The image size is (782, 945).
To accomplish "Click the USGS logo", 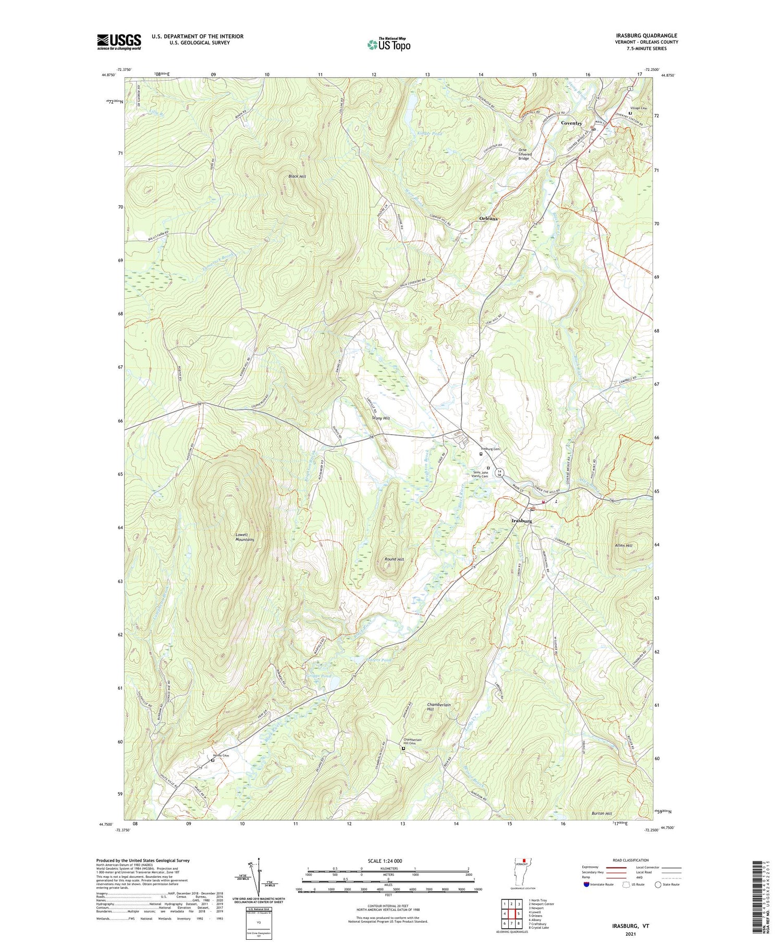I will click(119, 42).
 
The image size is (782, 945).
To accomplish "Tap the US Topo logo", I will click(388, 44).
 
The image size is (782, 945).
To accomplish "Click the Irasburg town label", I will click(521, 521).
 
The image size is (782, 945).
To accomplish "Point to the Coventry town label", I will click(571, 124).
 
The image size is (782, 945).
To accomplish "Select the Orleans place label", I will click(488, 218).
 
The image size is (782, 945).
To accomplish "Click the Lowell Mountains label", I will click(244, 537).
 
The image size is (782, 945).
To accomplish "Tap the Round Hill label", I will click(394, 559).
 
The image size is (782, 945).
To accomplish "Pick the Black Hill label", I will click(297, 177).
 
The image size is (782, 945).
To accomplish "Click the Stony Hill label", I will click(381, 418).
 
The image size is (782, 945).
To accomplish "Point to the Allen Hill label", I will click(624, 545).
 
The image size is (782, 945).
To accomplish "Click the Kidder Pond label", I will click(430, 134).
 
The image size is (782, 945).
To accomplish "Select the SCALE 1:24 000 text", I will click(388, 861).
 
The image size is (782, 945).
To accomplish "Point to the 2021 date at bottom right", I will click(631, 927).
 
